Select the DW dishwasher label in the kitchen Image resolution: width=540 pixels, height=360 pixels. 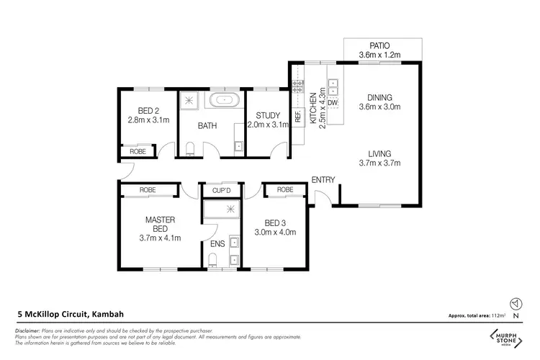click(x=332, y=104)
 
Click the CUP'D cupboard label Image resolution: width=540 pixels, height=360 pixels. click(x=221, y=191)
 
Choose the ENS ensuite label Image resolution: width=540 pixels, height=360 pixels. click(x=217, y=244)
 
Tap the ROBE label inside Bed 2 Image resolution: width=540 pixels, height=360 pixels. click(x=138, y=152)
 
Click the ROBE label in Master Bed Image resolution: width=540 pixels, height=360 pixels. click(x=148, y=191)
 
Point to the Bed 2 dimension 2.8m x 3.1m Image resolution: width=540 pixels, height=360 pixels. click(x=148, y=120)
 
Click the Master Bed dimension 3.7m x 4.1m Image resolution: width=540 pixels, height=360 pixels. click(x=160, y=238)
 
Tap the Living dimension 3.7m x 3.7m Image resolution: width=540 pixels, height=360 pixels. click(x=379, y=163)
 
